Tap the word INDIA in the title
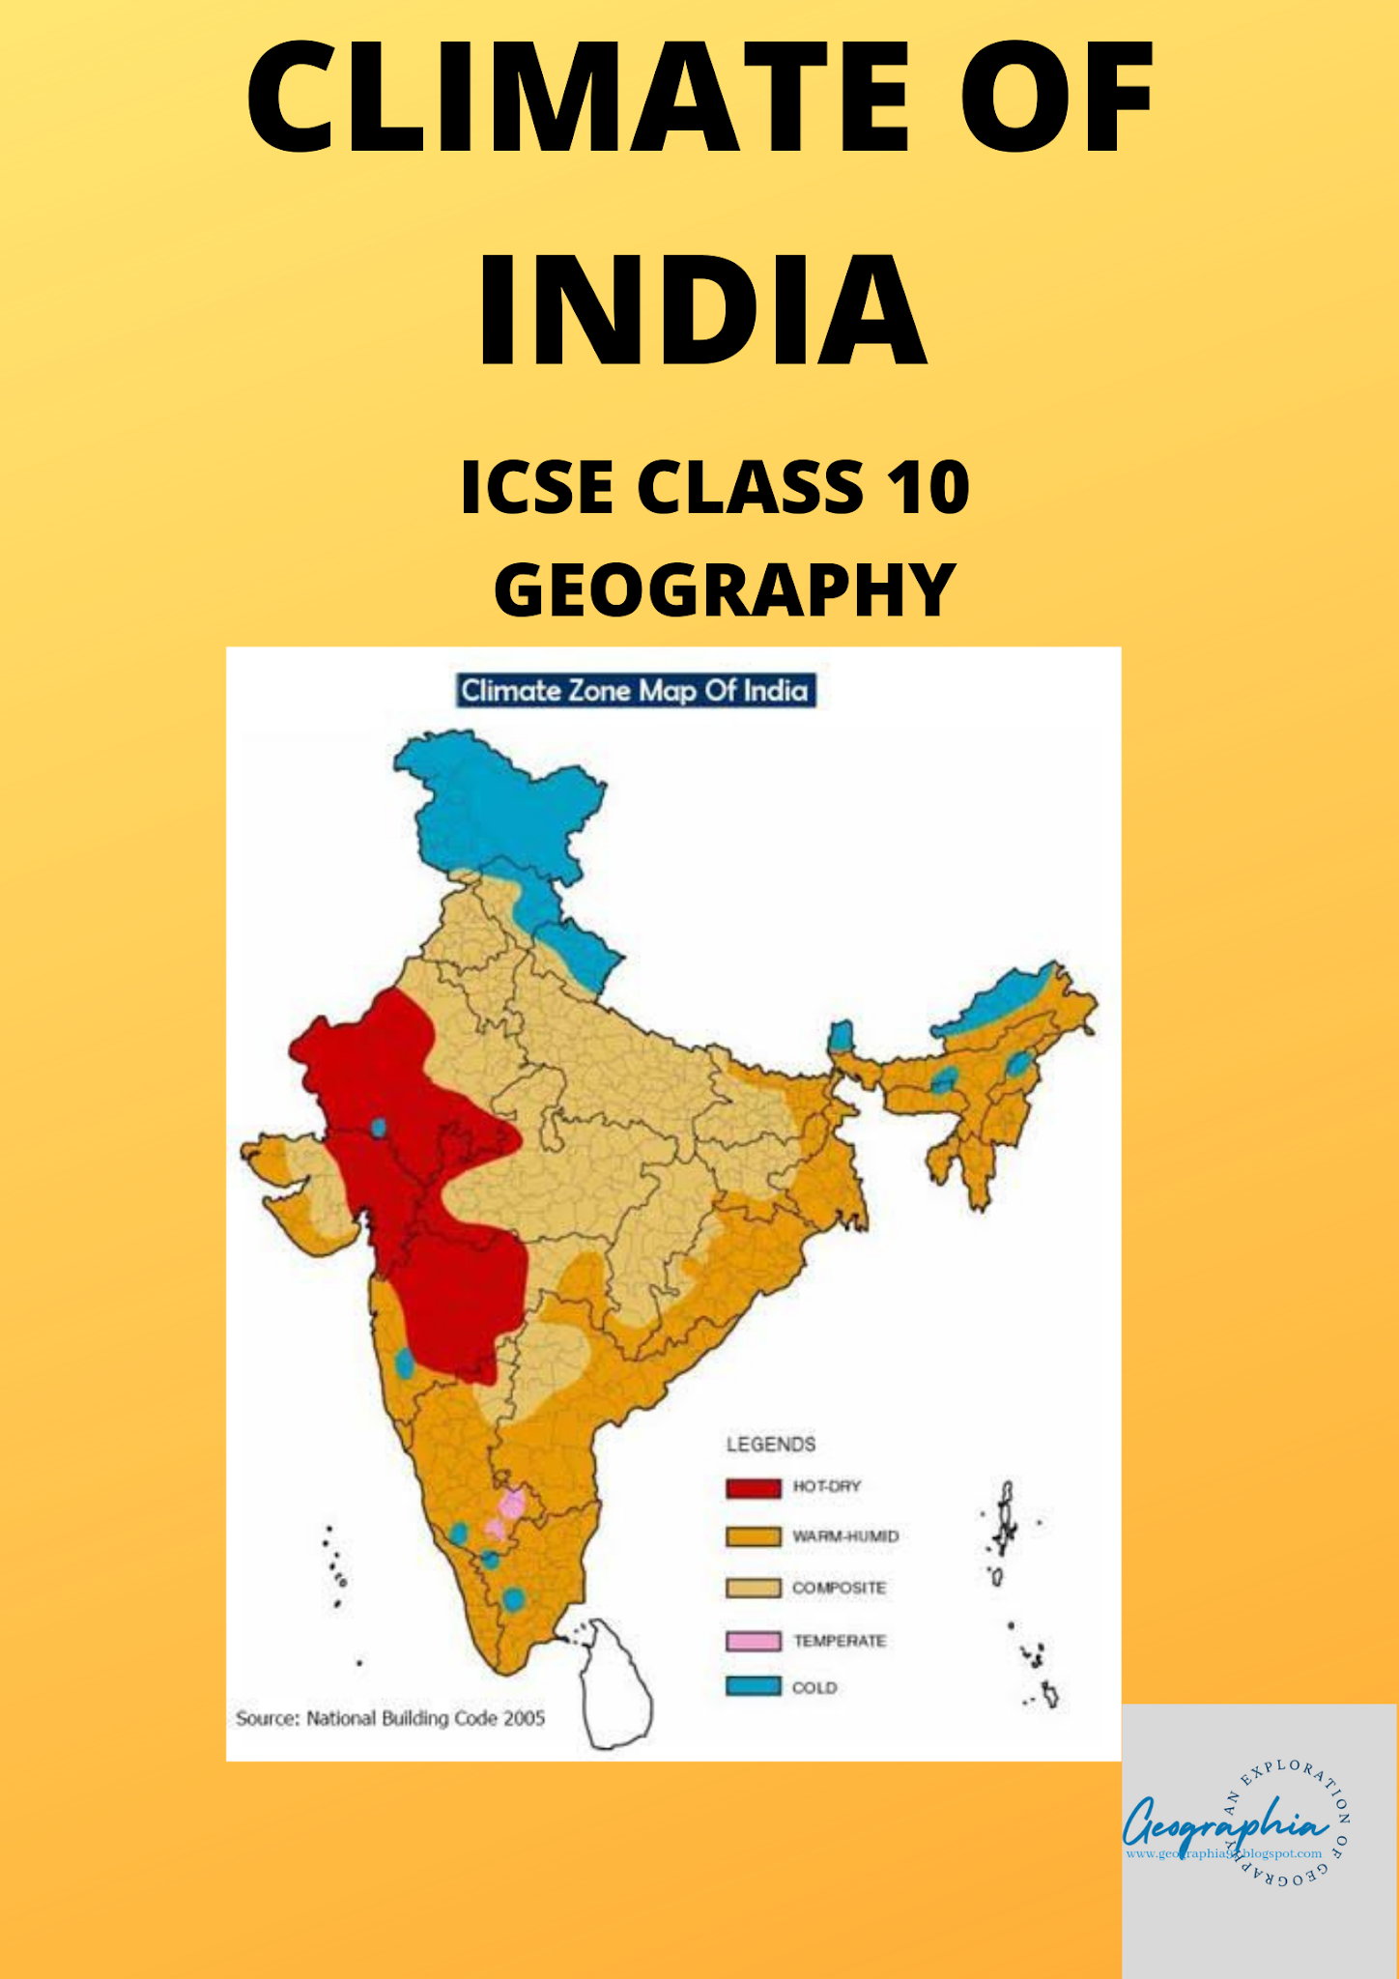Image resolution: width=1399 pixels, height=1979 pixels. pyautogui.click(x=702, y=310)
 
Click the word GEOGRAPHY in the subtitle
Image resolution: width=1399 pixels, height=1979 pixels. pyautogui.click(x=725, y=589)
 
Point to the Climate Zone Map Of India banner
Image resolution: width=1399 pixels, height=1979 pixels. pyautogui.click(x=635, y=691)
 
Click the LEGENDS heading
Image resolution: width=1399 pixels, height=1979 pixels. pyautogui.click(x=770, y=1445)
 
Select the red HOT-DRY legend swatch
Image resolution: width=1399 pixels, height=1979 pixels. pyautogui.click(x=753, y=1487)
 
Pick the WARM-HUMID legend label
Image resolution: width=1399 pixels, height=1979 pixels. pyautogui.click(x=845, y=1536)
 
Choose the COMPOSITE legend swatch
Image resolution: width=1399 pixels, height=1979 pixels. pyautogui.click(x=753, y=1588)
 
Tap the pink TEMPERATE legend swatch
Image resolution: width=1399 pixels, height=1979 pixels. pyautogui.click(x=753, y=1640)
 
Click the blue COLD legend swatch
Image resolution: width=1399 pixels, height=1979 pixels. pyautogui.click(x=753, y=1686)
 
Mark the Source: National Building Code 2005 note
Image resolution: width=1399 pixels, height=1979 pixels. pyautogui.click(x=390, y=1718)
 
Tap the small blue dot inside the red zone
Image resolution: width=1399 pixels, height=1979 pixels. pyautogui.click(x=379, y=1127)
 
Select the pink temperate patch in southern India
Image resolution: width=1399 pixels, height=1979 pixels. pyautogui.click(x=511, y=1505)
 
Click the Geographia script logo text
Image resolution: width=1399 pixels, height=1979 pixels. pyautogui.click(x=1222, y=1823)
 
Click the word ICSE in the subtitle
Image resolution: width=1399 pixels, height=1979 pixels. pyautogui.click(x=536, y=487)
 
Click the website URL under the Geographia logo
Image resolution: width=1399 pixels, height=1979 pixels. pyautogui.click(x=1223, y=1853)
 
